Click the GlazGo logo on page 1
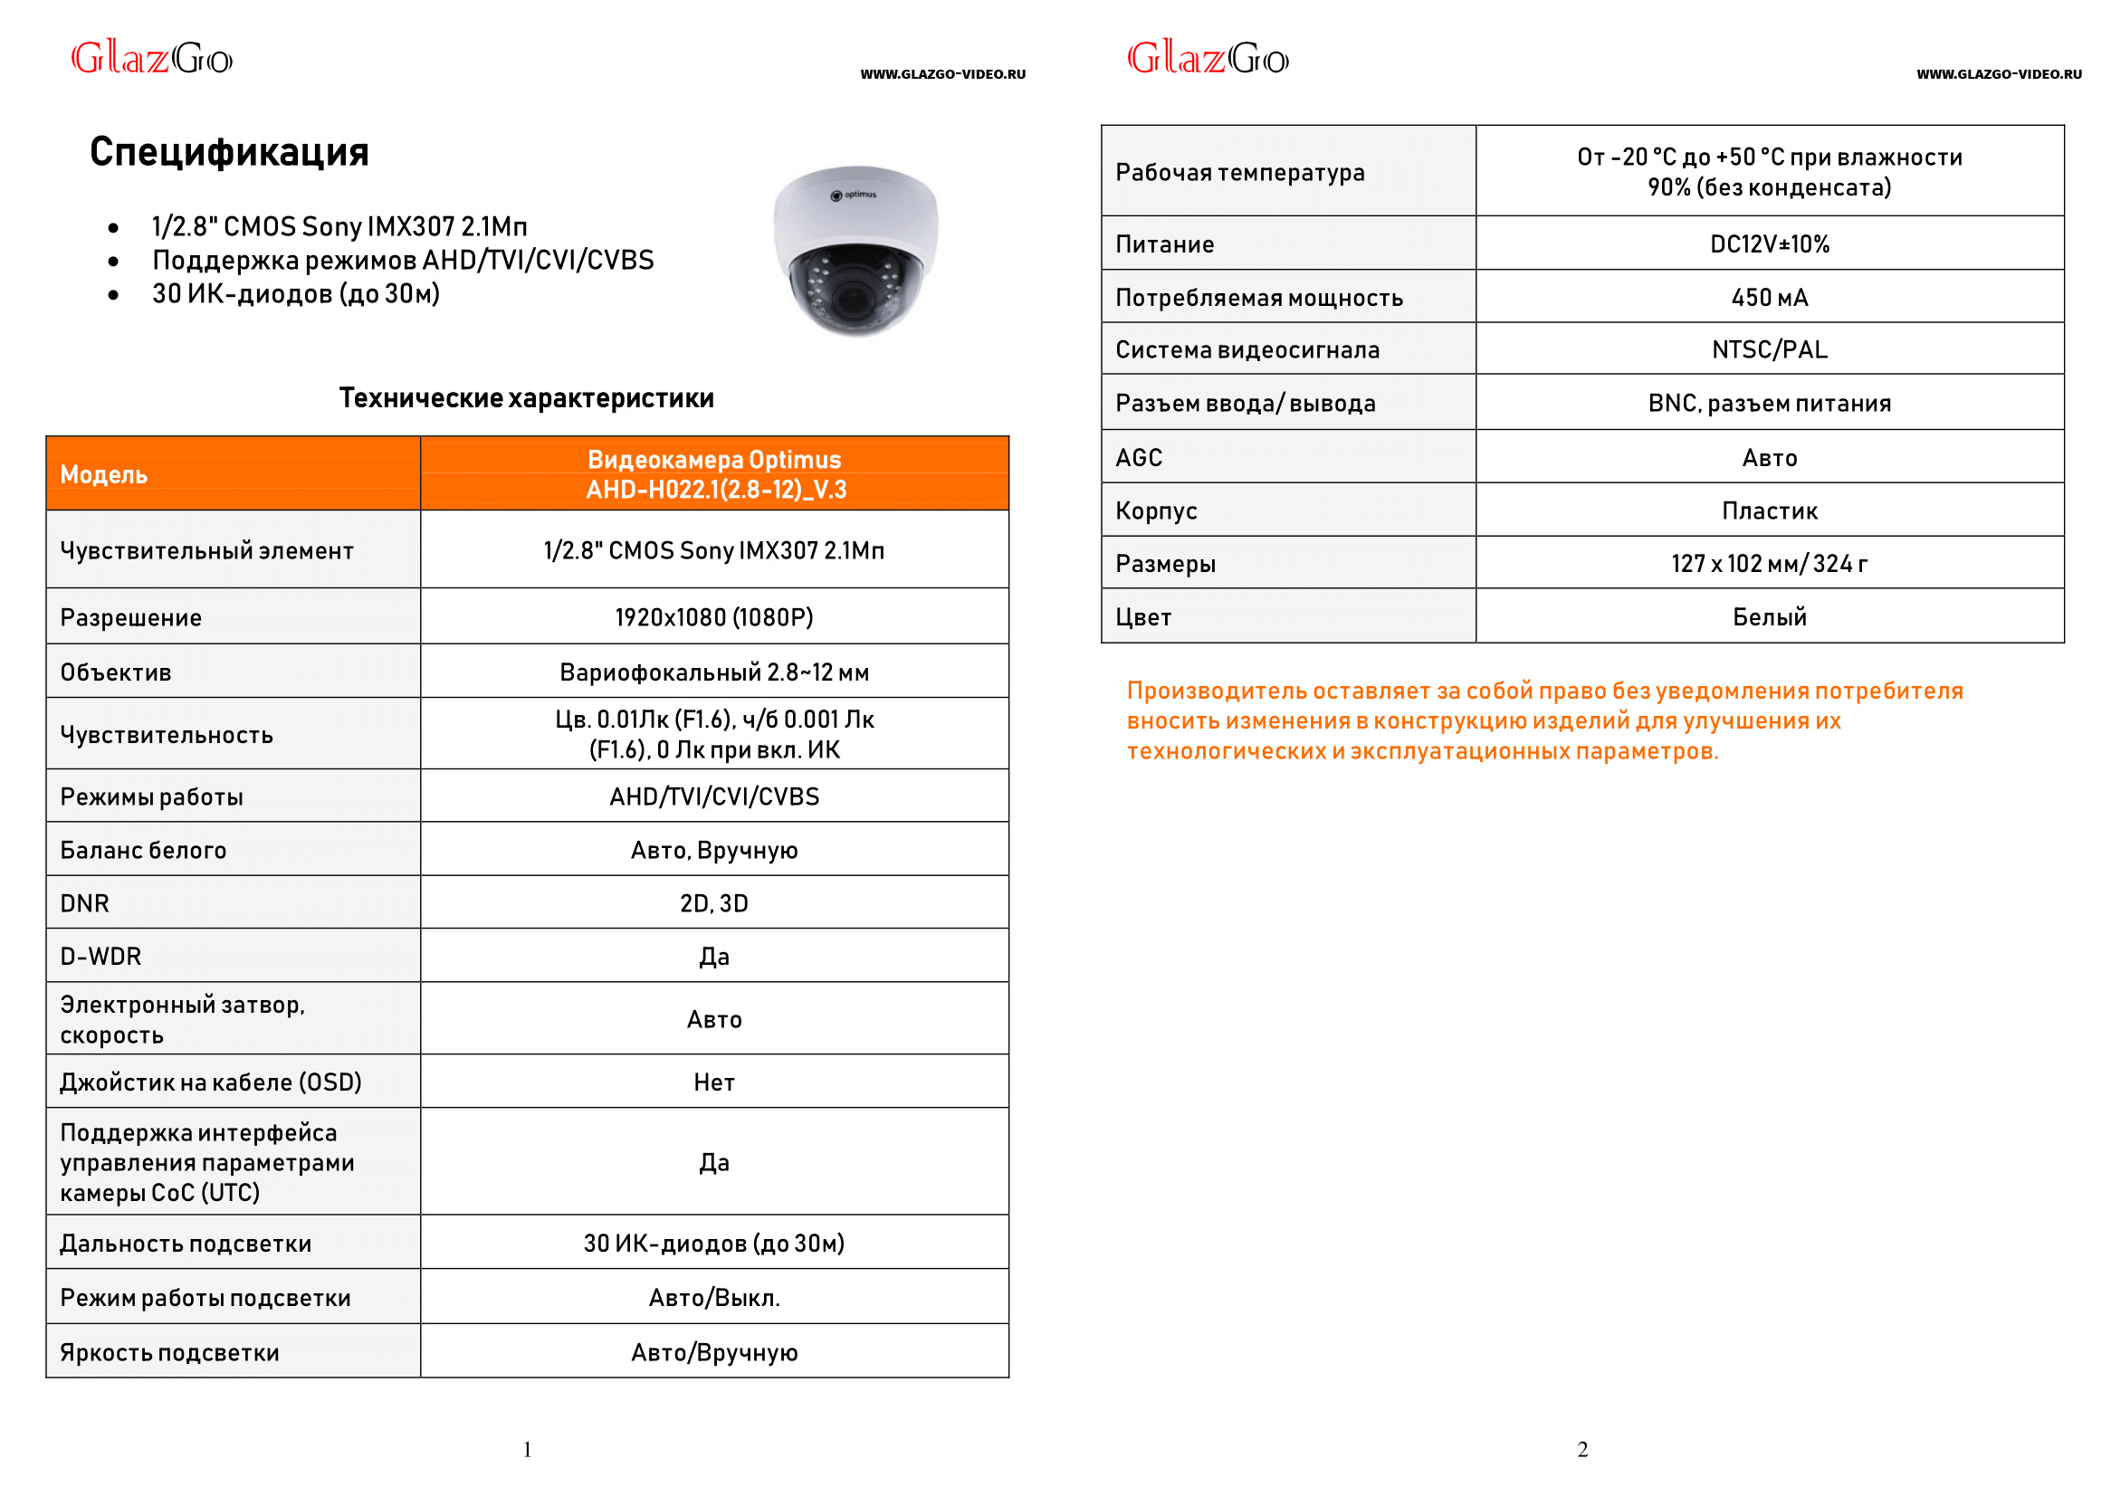pos(152,58)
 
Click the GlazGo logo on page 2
pos(1208,58)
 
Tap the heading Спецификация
pos(229,152)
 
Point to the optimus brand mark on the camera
pos(855,195)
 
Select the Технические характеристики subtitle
pos(526,398)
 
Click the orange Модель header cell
pos(233,473)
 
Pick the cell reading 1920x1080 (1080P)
pos(714,616)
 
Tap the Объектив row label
pos(116,672)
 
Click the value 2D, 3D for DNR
pos(714,903)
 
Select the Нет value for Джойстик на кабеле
pos(714,1082)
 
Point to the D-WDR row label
pos(101,957)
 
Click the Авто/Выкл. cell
pos(714,1298)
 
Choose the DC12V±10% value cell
pos(1769,244)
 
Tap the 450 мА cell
pos(1769,298)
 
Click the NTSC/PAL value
pos(1769,349)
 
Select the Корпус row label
pos(1156,510)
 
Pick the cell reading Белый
pos(1769,616)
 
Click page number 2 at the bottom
pos(1582,1450)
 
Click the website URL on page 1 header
pos(943,74)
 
